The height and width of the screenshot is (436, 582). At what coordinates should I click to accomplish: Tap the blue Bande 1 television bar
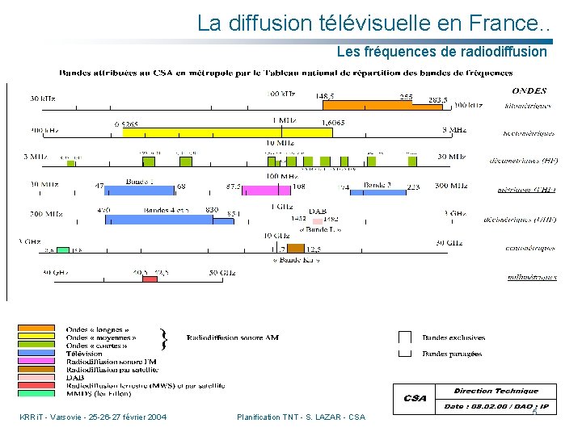point(139,190)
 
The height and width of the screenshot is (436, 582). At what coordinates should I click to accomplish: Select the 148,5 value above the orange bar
point(326,96)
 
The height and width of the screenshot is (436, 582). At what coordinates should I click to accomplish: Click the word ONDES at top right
point(529,91)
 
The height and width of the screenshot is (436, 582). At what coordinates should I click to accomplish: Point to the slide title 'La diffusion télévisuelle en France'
point(373,23)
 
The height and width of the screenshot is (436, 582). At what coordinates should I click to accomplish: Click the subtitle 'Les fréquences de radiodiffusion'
point(441,52)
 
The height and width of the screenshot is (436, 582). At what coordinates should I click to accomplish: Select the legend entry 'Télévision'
point(84,354)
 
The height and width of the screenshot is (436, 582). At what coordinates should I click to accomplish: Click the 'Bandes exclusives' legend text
point(453,337)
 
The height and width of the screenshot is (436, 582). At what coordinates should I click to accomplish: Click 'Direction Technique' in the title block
point(496,391)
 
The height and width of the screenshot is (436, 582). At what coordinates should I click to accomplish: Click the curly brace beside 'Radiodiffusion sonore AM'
point(165,339)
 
